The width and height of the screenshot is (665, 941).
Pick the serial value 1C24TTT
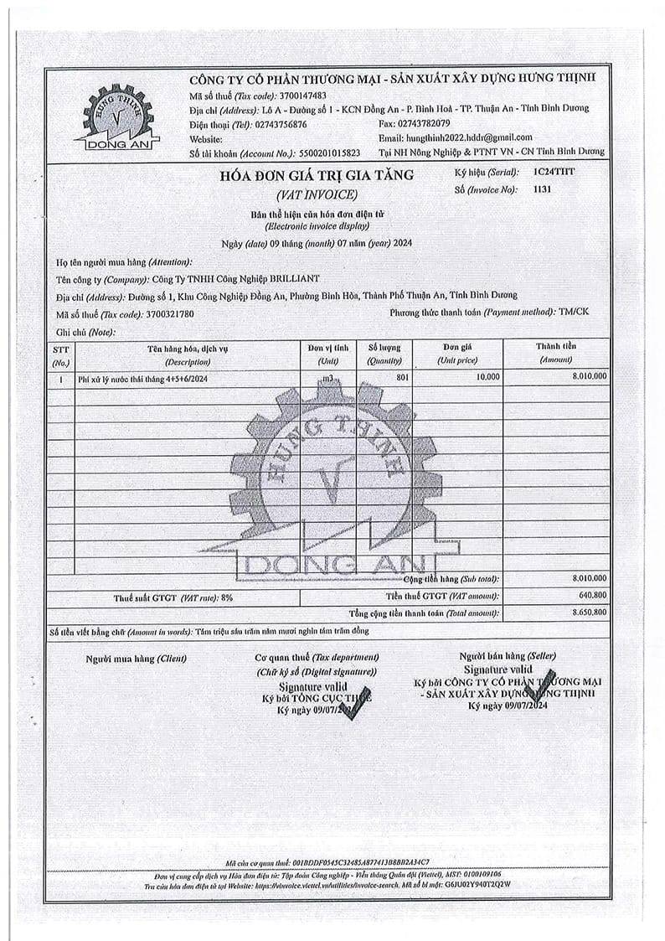coord(554,171)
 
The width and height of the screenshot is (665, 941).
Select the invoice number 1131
coord(543,189)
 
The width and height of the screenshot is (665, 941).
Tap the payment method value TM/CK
coord(574,312)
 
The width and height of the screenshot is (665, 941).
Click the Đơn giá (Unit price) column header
coord(458,354)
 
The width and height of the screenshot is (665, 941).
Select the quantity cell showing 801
coord(402,378)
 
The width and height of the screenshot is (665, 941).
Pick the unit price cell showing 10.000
coord(487,378)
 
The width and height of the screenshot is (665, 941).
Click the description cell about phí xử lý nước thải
coord(142,379)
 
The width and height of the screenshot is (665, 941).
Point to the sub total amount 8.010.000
coord(589,579)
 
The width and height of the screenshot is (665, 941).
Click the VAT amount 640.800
coord(592,597)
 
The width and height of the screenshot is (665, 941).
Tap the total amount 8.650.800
coord(589,614)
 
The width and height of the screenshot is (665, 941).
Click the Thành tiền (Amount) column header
coord(556,354)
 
